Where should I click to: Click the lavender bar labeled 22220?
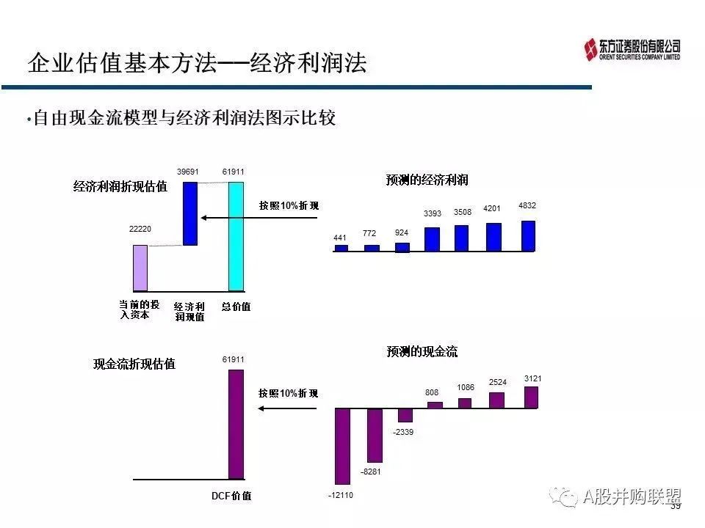(x=140, y=268)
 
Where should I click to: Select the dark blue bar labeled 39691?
(x=190, y=213)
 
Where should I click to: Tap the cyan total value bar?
(x=236, y=237)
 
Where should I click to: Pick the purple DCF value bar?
(x=236, y=425)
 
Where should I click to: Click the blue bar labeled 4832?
(x=528, y=235)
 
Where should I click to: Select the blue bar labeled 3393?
(x=432, y=239)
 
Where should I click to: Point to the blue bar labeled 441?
(x=341, y=248)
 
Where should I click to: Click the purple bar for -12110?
(x=343, y=447)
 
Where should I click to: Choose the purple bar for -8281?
(x=375, y=436)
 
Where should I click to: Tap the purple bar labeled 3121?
(x=531, y=397)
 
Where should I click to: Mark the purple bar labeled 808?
(x=435, y=405)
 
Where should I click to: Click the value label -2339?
(x=403, y=432)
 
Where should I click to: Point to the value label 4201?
(x=491, y=208)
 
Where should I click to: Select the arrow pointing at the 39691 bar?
(x=259, y=218)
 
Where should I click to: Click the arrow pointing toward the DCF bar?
(x=287, y=408)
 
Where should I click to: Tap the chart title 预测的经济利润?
(x=427, y=180)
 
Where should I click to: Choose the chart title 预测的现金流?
(x=422, y=351)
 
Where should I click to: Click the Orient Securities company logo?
(x=632, y=49)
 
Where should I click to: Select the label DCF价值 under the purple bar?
(x=231, y=496)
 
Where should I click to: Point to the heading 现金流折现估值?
(x=134, y=364)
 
